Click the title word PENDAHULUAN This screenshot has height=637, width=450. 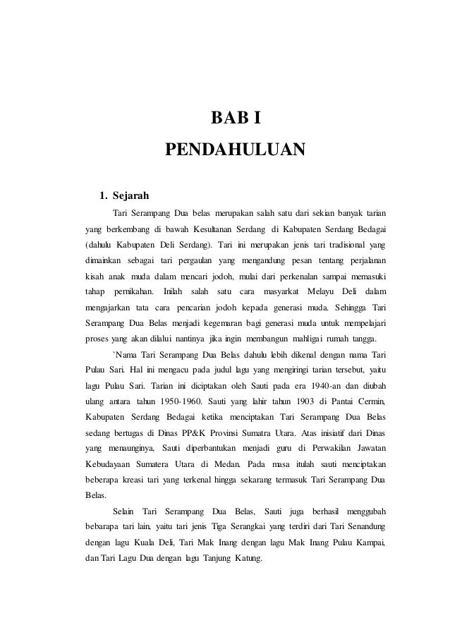coord(234,150)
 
